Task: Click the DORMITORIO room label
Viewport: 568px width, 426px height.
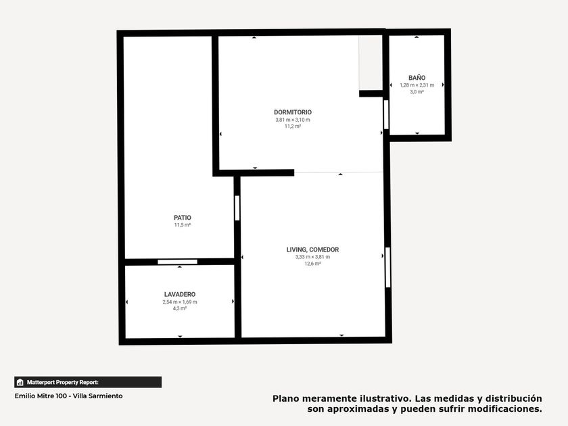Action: tap(293, 112)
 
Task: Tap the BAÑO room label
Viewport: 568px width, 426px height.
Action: tap(417, 78)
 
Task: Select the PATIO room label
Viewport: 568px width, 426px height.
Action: tap(183, 218)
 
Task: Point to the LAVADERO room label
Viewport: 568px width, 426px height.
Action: tap(180, 295)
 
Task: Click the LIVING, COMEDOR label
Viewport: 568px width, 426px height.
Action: tap(312, 250)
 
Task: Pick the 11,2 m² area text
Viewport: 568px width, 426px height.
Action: tap(293, 126)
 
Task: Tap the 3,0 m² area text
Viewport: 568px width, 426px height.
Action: tap(417, 92)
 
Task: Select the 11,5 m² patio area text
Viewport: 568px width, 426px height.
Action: tap(183, 225)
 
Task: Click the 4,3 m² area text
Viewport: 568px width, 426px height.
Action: tap(180, 308)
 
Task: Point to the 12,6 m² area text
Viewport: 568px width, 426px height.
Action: tap(312, 264)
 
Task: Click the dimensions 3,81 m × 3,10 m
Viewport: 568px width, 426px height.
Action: tap(293, 120)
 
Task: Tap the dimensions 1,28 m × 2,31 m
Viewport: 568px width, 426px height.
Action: tap(417, 85)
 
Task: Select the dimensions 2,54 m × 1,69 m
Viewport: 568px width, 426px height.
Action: tap(180, 302)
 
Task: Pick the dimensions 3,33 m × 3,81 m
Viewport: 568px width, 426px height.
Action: tap(312, 257)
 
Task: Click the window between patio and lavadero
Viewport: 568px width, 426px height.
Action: tap(177, 262)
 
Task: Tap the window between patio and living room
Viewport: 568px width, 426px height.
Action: tap(237, 208)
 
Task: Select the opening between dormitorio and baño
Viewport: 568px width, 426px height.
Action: tap(386, 114)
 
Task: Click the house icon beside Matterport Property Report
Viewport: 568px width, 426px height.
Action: tap(20, 382)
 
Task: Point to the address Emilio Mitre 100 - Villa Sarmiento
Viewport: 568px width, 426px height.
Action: tap(68, 396)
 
